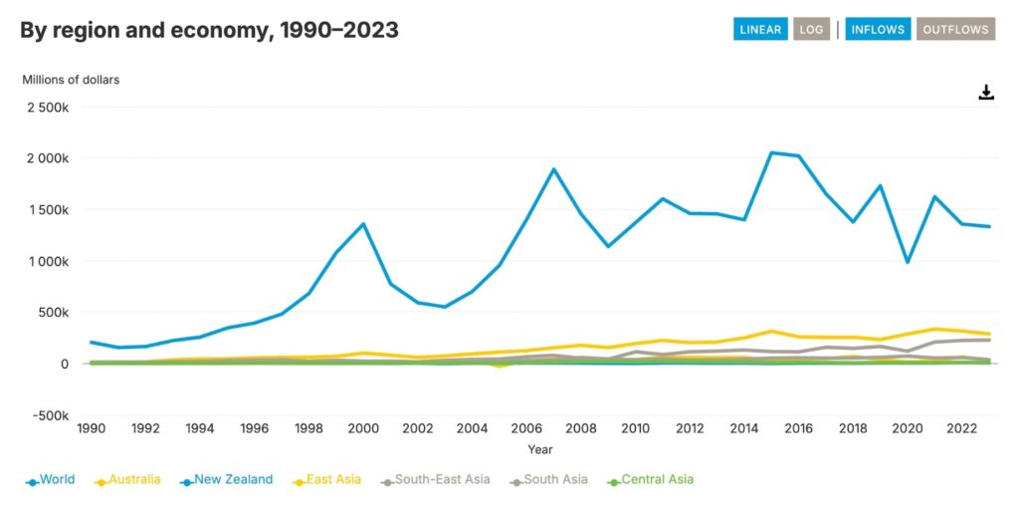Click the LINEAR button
760,29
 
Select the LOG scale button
811,29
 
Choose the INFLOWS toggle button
878,29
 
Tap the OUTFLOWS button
955,29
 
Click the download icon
986,93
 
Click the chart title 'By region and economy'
209,30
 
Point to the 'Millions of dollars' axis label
71,80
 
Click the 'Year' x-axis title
540,450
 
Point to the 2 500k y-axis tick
47,107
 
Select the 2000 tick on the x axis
363,429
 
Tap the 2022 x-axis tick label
961,429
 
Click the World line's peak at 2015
771,152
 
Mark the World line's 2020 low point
908,262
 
